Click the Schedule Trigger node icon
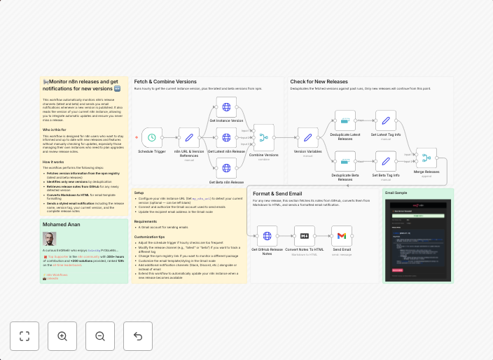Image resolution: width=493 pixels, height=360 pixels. point(152,137)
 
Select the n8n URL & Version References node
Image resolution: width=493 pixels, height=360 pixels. point(189,137)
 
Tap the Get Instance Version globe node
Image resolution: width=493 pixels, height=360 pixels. point(226,107)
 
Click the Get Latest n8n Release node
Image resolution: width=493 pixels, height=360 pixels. point(226,137)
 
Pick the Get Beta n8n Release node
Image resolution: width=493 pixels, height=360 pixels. point(226,168)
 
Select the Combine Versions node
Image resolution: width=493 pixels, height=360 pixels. point(263,137)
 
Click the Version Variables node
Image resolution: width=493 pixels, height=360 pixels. point(307,137)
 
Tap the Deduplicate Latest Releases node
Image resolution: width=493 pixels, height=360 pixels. point(345,120)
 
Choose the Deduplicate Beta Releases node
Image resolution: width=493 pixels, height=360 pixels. point(345,161)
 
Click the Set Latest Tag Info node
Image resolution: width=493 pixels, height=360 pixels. point(385,120)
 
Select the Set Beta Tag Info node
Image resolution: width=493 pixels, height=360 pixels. point(385,161)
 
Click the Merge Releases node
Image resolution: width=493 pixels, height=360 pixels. point(426,158)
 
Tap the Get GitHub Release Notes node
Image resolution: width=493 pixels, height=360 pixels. point(267,236)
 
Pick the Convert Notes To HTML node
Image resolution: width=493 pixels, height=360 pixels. point(305,236)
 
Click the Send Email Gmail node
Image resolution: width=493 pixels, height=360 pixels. point(342,236)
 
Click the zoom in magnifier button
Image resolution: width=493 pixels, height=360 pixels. point(62,336)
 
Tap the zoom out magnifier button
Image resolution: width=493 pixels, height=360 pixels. point(100,336)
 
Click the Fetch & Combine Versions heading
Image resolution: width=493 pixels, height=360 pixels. point(165,82)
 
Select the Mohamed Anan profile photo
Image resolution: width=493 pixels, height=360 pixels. point(49,239)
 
